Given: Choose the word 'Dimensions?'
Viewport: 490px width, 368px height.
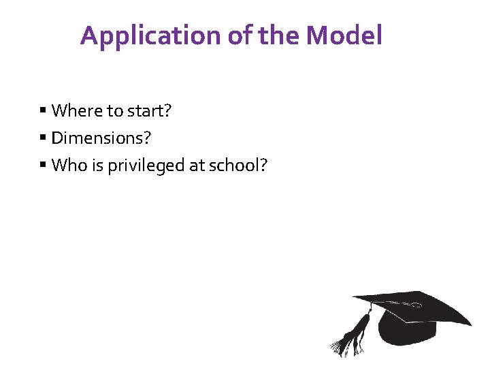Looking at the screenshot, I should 101,138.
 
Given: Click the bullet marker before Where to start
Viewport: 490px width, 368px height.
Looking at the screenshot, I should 42,110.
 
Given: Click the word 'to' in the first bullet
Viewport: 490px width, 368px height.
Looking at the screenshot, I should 114,110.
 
